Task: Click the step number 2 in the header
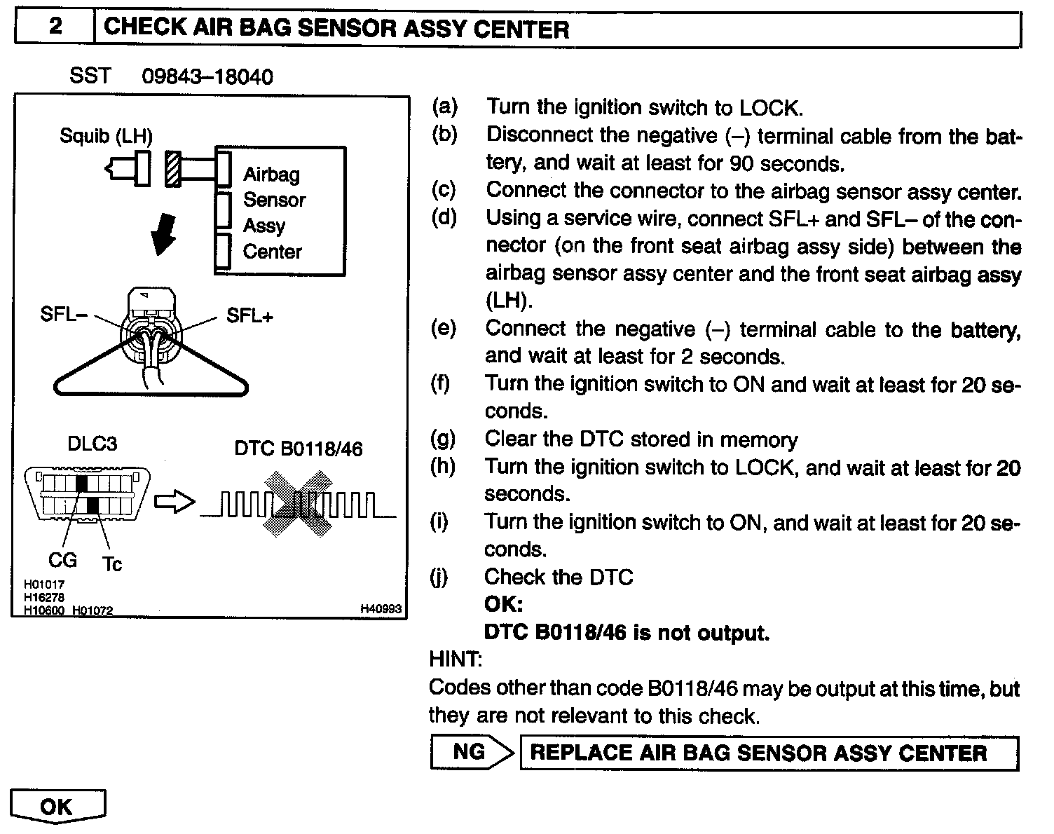tap(55, 27)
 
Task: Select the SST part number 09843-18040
tap(207, 76)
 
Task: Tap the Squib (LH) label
tap(106, 135)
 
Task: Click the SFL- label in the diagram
tap(63, 315)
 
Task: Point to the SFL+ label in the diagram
tap(249, 315)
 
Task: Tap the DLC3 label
tap(92, 444)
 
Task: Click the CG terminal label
tap(62, 560)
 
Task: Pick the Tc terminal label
tap(112, 563)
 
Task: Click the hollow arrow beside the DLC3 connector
tap(173, 502)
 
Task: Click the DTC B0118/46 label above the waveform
tap(299, 449)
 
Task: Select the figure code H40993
tap(381, 610)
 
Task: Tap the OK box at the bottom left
tap(57, 807)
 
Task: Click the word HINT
tap(455, 659)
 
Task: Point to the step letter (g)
tap(442, 439)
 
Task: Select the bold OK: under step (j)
tap(503, 605)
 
